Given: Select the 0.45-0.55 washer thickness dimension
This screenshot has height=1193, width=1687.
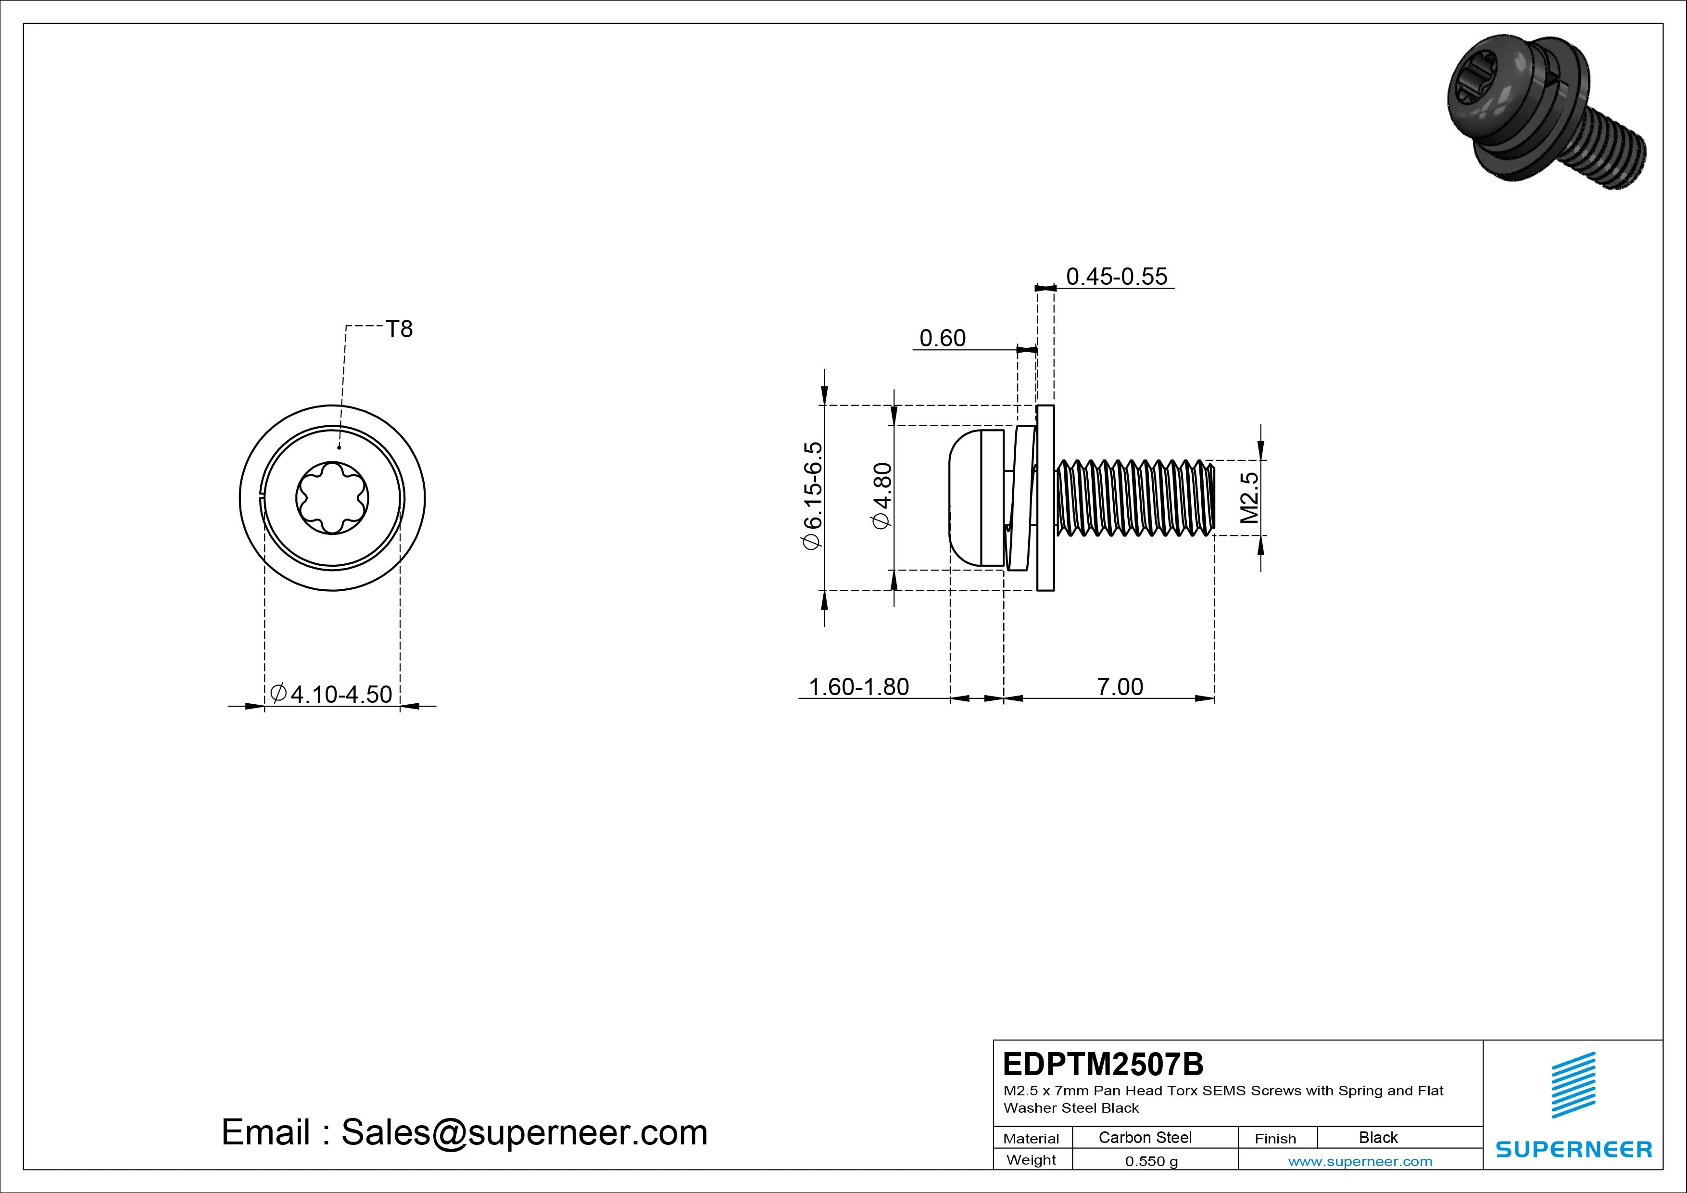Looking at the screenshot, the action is click(1116, 277).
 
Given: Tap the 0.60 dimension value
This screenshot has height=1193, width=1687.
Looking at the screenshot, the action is click(943, 338).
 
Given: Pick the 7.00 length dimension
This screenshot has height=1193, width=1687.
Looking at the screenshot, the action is click(1120, 686).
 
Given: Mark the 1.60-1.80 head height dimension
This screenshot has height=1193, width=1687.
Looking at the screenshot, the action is click(858, 686).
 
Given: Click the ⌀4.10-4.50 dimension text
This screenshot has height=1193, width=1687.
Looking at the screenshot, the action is click(331, 694).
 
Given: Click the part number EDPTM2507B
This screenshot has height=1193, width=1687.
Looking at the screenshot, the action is click(1103, 1064).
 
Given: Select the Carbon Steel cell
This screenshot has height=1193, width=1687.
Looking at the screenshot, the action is click(1145, 1137).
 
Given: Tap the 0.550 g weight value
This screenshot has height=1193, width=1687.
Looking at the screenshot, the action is click(1151, 1161).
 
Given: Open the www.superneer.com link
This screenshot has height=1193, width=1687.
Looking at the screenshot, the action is click(1360, 1161).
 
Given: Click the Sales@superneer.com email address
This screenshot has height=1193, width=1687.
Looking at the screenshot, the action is click(524, 1133).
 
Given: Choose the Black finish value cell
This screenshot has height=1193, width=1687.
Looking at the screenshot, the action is click(1378, 1137).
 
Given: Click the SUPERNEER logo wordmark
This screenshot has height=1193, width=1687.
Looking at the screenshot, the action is click(1574, 1149).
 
